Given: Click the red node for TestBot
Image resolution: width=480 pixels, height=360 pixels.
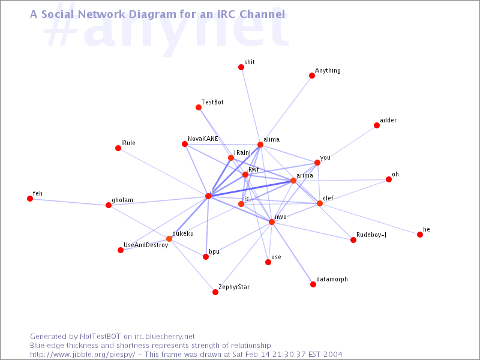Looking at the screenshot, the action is [199, 107].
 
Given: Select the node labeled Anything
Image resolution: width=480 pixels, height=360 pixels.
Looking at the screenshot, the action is [312, 76].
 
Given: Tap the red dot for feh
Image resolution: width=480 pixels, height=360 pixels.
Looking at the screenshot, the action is [30, 199].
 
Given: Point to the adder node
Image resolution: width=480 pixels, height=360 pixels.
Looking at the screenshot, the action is [377, 125].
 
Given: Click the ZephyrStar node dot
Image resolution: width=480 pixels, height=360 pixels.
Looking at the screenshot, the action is [215, 292].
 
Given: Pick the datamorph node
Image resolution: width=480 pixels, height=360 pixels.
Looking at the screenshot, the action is [313, 284].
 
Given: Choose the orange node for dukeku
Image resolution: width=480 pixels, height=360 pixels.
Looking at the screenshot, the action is [169, 239].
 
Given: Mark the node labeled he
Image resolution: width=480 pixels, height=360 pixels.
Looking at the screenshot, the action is [420, 235].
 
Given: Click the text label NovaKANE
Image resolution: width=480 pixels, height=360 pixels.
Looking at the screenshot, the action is [203, 139].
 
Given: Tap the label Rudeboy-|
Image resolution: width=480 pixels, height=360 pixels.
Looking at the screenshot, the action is [371, 235].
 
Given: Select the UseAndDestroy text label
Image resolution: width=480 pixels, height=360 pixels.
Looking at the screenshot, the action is [146, 245].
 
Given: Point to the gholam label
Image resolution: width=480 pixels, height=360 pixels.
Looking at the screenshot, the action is [122, 200].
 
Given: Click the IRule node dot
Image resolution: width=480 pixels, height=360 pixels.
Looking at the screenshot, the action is [118, 148].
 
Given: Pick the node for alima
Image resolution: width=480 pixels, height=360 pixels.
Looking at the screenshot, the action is [260, 145].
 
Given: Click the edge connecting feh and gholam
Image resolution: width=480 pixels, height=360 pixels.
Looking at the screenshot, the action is [69, 202].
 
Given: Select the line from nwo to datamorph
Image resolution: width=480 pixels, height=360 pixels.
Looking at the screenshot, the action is [292, 253].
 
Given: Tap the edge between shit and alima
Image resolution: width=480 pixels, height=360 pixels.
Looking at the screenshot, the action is [251, 106].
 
